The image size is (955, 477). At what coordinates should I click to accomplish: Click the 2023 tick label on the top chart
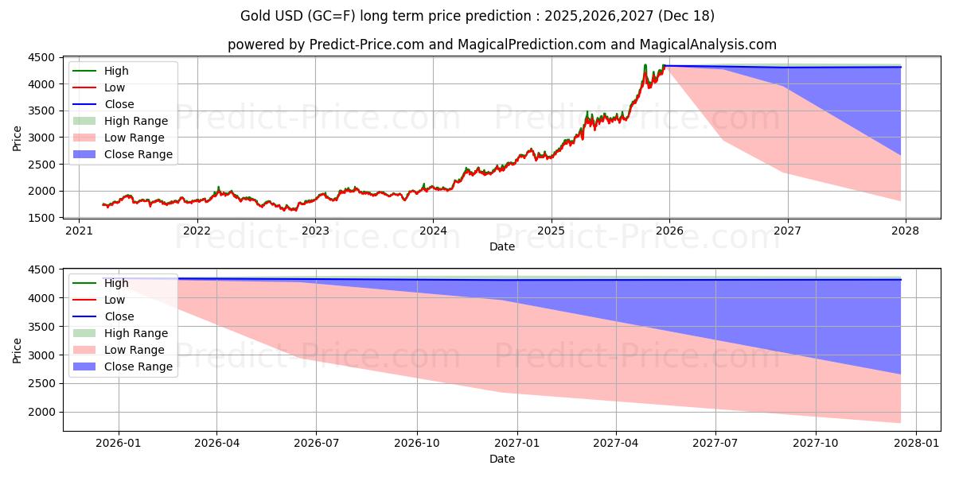pyautogui.click(x=315, y=231)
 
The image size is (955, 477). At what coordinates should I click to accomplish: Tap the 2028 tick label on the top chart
pyautogui.click(x=906, y=231)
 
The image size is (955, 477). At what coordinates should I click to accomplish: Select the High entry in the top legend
pyautogui.click(x=116, y=71)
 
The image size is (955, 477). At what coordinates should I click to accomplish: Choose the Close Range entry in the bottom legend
pyautogui.click(x=138, y=366)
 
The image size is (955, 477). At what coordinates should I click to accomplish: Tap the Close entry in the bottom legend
pyautogui.click(x=119, y=316)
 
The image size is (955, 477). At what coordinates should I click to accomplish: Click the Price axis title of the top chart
pyautogui.click(x=18, y=138)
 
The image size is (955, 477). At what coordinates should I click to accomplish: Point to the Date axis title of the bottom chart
pyautogui.click(x=502, y=459)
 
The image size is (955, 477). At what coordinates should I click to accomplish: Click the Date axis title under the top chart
pyautogui.click(x=502, y=246)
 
